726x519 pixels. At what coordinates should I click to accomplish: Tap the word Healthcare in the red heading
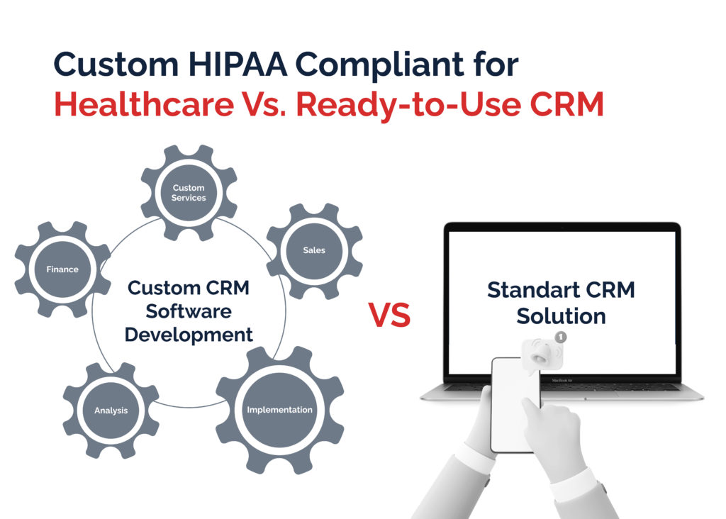[x=144, y=104]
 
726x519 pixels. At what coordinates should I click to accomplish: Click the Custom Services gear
[x=189, y=193]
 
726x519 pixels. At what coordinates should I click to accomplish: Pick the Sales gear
[x=314, y=250]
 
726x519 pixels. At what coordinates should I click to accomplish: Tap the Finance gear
[x=62, y=269]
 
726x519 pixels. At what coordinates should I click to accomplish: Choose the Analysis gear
[x=111, y=411]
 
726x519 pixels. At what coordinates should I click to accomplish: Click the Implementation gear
[x=279, y=410]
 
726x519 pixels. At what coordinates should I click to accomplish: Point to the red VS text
[x=389, y=315]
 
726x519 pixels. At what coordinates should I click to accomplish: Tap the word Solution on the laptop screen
[x=562, y=316]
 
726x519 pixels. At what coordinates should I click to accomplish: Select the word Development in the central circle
[x=189, y=335]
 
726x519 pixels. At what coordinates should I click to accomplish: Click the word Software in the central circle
[x=189, y=311]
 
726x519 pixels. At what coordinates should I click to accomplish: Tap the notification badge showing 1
[x=561, y=337]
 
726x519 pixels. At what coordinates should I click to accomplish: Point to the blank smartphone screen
[x=515, y=405]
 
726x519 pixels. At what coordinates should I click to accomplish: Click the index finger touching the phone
[x=532, y=413]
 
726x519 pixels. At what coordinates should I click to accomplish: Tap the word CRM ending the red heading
[x=566, y=104]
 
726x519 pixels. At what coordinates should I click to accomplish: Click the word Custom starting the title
[x=116, y=64]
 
